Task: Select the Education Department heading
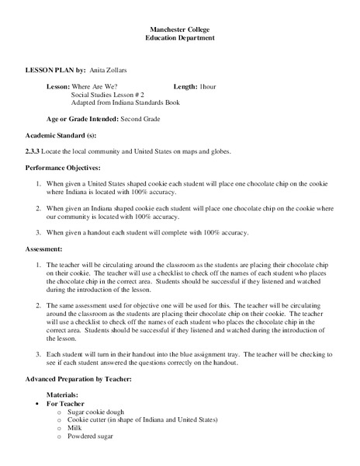180,38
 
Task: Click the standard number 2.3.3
34,151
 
